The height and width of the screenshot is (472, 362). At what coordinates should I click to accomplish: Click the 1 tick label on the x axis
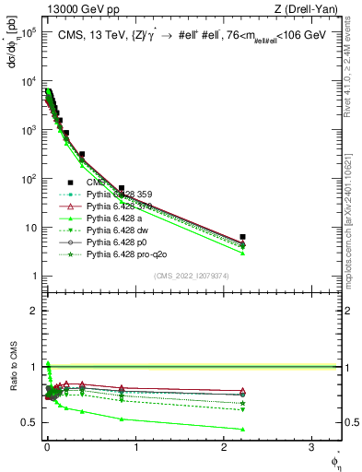point(135,449)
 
